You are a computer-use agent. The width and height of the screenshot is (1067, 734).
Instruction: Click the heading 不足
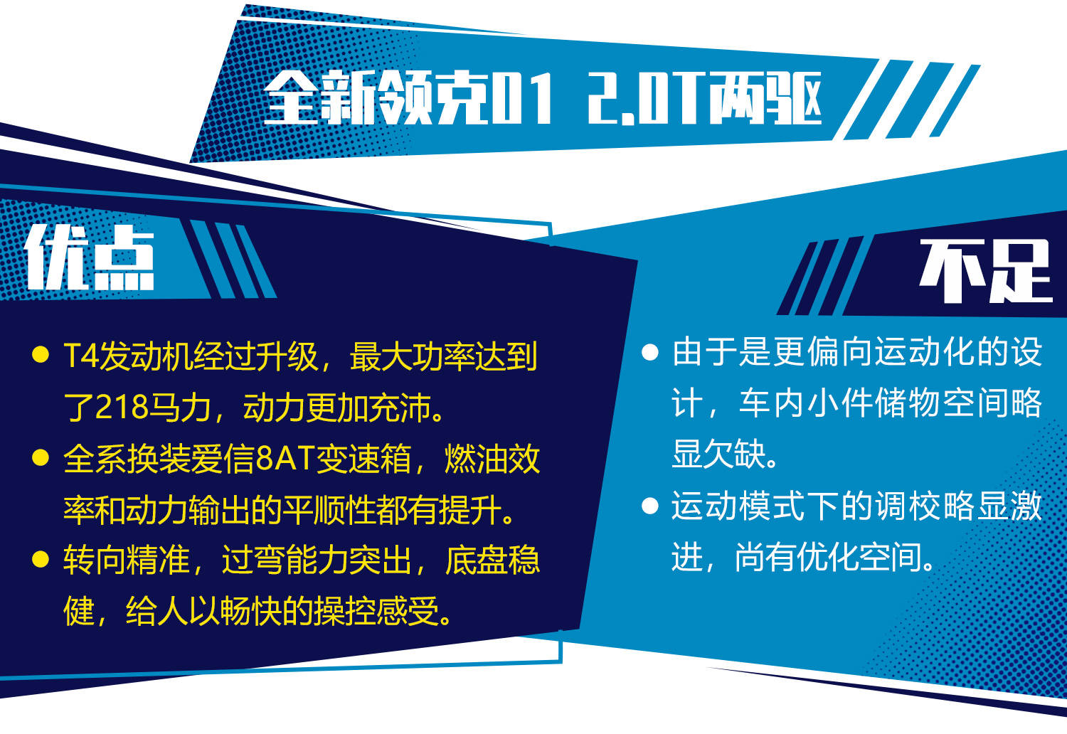pos(985,270)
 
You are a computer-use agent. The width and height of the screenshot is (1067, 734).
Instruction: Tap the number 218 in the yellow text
pos(120,408)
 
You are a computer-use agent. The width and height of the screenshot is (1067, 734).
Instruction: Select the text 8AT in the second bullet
pos(285,459)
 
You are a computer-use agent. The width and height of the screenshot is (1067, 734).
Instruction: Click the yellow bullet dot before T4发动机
pos(41,356)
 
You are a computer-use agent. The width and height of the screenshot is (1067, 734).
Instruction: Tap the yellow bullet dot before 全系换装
pos(41,458)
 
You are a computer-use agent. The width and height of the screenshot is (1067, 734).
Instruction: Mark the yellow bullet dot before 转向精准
pos(41,559)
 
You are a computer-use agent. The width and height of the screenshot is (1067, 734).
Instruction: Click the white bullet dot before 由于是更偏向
pos(649,352)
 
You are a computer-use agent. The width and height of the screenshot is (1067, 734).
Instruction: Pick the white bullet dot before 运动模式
pos(649,506)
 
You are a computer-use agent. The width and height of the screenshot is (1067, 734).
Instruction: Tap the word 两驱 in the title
pos(764,99)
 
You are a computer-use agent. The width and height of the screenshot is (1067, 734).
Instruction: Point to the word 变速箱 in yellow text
pos(363,459)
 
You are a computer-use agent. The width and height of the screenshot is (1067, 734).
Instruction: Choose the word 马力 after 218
pos(179,408)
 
